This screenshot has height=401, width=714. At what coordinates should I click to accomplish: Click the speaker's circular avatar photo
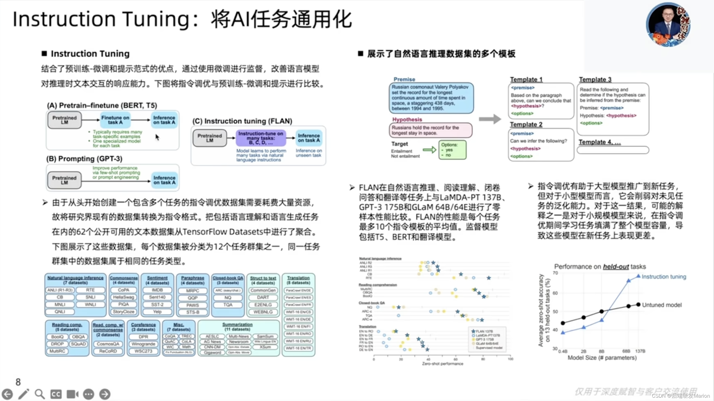pos(668,25)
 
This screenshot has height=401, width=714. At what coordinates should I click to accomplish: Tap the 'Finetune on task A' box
pos(115,120)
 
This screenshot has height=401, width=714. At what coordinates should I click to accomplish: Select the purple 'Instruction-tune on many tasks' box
pos(260,138)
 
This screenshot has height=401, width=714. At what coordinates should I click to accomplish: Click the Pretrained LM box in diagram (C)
pos(210,138)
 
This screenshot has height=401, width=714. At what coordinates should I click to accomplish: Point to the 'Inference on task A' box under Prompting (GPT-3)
pos(164,180)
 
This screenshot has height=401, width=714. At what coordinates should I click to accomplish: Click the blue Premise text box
pos(431,98)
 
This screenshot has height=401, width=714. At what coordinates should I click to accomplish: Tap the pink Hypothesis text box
pos(430,130)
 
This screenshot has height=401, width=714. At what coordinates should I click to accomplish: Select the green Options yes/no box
pos(452,150)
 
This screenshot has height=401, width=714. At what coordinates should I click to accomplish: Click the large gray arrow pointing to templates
pos(490,119)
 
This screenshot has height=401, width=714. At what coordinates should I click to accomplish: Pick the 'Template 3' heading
pos(595,79)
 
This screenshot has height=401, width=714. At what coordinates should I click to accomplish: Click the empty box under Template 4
pos(613,150)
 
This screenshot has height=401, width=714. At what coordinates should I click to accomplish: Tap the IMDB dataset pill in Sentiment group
pos(157,290)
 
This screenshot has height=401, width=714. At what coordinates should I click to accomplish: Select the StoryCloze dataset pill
pos(123,312)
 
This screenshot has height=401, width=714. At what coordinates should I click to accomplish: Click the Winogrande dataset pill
pos(143,344)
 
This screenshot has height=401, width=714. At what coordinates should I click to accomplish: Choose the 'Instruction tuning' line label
pos(664,277)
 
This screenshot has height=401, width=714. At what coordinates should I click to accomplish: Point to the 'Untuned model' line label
pos(662,305)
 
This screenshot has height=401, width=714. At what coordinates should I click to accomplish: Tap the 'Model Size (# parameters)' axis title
pos(602,358)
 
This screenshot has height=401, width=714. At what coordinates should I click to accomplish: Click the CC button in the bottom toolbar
pos(56,394)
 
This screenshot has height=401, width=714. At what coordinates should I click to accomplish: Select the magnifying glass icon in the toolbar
pos(40,394)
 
